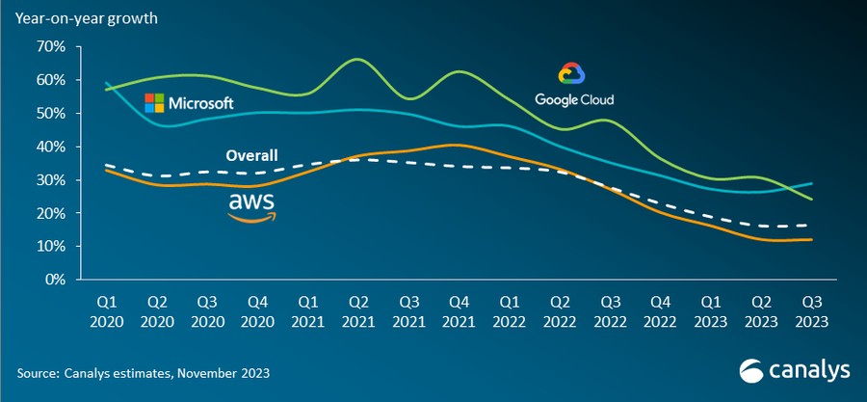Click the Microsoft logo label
click(x=189, y=101)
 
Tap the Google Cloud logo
click(x=574, y=86)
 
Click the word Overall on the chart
click(x=251, y=155)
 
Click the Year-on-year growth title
click(x=87, y=17)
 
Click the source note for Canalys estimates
click(x=143, y=372)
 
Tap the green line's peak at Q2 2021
click(x=357, y=60)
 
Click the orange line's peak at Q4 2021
click(x=458, y=145)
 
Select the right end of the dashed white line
click(x=808, y=226)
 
